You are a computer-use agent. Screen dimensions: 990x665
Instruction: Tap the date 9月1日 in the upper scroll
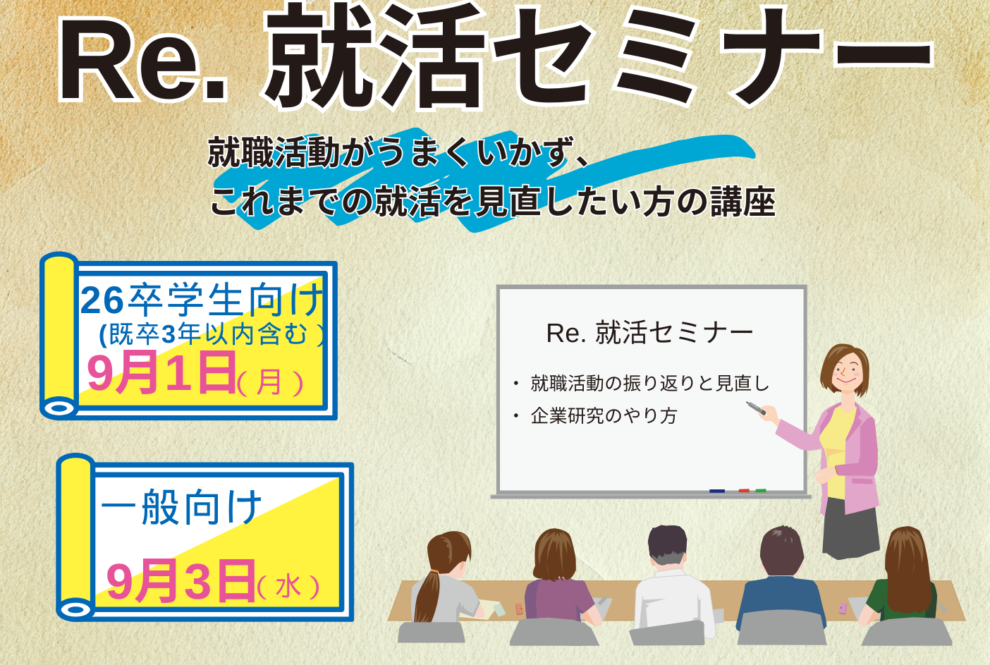(x=161, y=372)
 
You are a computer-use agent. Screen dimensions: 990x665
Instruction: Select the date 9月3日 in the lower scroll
(x=181, y=580)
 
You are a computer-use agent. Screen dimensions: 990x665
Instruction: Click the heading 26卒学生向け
(x=202, y=300)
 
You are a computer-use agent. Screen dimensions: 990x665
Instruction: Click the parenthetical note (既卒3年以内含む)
(x=212, y=334)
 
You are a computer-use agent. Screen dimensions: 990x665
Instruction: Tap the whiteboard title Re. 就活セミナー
(x=649, y=333)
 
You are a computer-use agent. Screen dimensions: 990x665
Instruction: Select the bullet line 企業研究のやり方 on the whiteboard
(x=604, y=416)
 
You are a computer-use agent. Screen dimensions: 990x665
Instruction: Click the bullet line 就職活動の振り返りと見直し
(x=649, y=383)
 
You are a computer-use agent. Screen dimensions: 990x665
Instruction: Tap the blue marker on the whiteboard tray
(x=717, y=491)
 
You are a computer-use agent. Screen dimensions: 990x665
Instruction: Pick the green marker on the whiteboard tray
(x=761, y=491)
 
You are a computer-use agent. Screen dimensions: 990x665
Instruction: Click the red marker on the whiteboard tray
(x=744, y=491)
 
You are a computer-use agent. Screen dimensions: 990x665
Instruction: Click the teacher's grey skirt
(x=849, y=528)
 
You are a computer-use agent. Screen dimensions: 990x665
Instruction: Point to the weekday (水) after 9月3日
(x=288, y=587)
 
